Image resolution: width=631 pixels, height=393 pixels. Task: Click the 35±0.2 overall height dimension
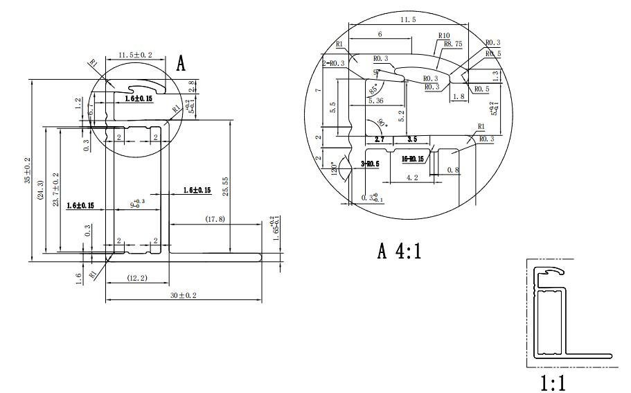coord(28,170)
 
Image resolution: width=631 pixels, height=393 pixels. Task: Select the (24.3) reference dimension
coord(41,191)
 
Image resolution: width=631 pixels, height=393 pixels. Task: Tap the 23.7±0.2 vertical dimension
coord(55,191)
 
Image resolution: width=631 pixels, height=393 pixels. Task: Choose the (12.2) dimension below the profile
coord(137,278)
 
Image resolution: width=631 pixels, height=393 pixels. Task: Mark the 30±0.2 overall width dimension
coord(183,296)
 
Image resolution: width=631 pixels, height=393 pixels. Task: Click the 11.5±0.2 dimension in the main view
coord(136,55)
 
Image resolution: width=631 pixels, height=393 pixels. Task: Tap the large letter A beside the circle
coord(181,64)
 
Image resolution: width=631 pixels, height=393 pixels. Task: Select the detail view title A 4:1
coord(400,251)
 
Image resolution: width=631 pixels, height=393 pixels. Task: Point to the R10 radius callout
coord(444,35)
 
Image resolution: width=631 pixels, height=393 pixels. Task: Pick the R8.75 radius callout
coord(454,43)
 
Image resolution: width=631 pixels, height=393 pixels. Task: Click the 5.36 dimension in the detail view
coord(377,101)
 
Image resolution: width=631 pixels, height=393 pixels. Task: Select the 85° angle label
coord(374,89)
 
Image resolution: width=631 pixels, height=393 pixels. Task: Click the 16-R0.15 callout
coord(413,159)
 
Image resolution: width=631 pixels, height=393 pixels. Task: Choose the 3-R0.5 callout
coord(371,164)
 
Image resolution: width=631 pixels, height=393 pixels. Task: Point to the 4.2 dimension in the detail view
coord(411,177)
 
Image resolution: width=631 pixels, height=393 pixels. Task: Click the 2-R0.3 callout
coord(333,63)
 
